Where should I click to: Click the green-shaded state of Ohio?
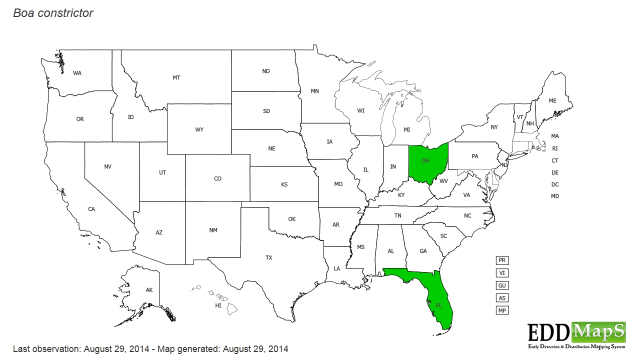(x=426, y=162)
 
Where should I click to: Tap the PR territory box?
(x=502, y=260)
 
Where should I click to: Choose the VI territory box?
(x=502, y=273)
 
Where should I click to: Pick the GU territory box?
(x=502, y=285)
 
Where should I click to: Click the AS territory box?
(x=502, y=298)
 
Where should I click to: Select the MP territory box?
(x=502, y=310)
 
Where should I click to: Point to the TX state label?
(x=269, y=258)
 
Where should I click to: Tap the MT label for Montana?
(x=176, y=78)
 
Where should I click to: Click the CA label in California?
(x=91, y=209)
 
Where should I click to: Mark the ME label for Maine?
(x=552, y=101)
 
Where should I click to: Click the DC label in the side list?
(x=555, y=184)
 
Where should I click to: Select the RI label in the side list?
(x=555, y=148)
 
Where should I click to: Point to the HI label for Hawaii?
(x=218, y=305)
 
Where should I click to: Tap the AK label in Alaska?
(x=149, y=290)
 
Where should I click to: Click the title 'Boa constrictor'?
(x=53, y=13)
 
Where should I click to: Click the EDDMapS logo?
(x=576, y=335)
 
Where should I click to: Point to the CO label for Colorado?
(x=217, y=179)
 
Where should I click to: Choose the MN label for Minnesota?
(x=315, y=91)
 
